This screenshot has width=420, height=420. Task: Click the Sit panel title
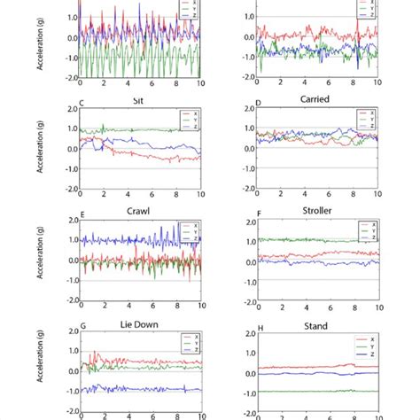pyautogui.click(x=136, y=100)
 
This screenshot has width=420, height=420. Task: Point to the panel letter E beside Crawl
pyautogui.click(x=82, y=214)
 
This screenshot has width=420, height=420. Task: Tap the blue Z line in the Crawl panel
pyautogui.click(x=115, y=240)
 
